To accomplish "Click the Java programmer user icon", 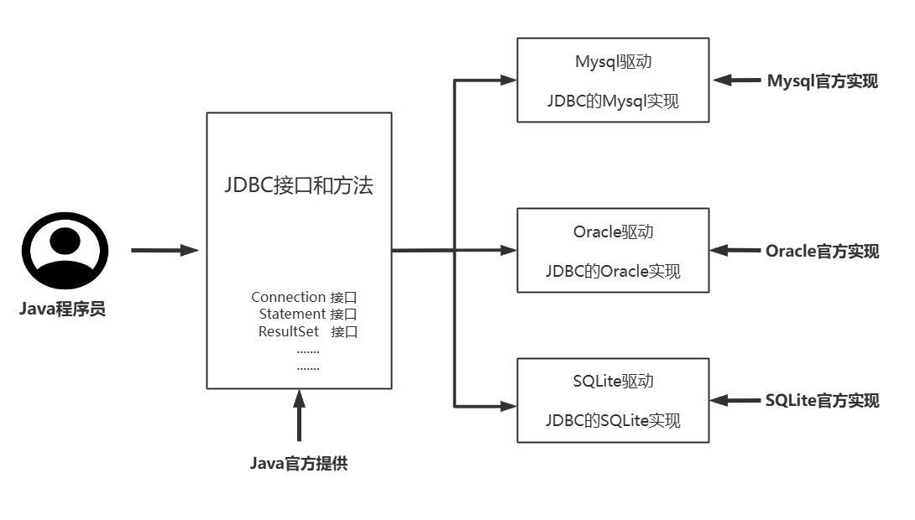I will pyautogui.click(x=65, y=251).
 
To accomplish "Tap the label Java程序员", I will pyautogui.click(x=63, y=309).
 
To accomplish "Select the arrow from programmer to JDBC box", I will pyautogui.click(x=165, y=250).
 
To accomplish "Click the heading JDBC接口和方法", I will pyautogui.click(x=299, y=186).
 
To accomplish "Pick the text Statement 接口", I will pyautogui.click(x=308, y=314).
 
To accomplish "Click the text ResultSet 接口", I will pyautogui.click(x=308, y=331).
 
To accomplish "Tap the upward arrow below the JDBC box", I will pyautogui.click(x=299, y=415).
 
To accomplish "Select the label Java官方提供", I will pyautogui.click(x=299, y=463).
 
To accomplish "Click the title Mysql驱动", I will pyautogui.click(x=613, y=62).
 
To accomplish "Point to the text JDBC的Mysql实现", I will pyautogui.click(x=613, y=101).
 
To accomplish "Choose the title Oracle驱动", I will pyautogui.click(x=613, y=231).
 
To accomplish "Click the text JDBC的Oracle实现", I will pyautogui.click(x=613, y=271).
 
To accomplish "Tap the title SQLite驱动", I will pyautogui.click(x=613, y=381).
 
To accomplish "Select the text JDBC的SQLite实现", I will pyautogui.click(x=613, y=420).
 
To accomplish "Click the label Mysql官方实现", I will pyautogui.click(x=822, y=81).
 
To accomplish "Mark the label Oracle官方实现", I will pyautogui.click(x=822, y=251).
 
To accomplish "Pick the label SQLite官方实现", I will pyautogui.click(x=822, y=400).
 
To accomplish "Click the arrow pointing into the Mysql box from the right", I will pyautogui.click(x=735, y=81).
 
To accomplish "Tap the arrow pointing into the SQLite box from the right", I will pyautogui.click(x=735, y=400).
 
